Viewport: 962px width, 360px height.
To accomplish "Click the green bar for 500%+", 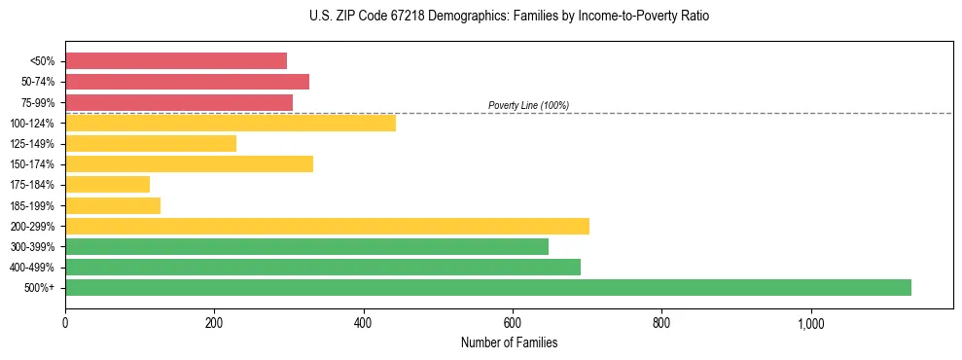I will (487, 287).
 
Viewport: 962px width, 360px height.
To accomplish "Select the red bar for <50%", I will (176, 61).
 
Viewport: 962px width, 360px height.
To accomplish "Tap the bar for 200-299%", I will (327, 226).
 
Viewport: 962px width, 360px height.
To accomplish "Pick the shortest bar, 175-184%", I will (107, 184).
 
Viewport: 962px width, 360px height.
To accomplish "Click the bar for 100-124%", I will (231, 123).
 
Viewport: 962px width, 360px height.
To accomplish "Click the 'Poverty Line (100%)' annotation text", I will (528, 105).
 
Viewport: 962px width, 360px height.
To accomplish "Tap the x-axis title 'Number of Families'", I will (509, 342).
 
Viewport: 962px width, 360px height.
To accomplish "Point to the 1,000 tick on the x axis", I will (810, 323).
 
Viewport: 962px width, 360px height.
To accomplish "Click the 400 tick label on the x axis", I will (364, 323).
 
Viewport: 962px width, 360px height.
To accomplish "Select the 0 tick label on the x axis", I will (65, 323).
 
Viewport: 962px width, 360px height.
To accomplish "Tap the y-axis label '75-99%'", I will (38, 102).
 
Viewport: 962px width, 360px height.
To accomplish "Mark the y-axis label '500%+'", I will (39, 288).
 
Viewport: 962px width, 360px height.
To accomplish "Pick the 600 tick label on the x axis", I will (513, 323).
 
